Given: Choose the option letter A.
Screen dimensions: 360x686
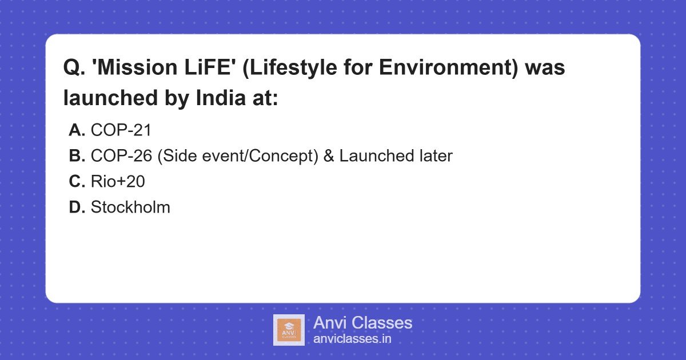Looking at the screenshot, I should coord(77,130).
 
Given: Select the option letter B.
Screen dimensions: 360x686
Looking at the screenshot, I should coord(77,156).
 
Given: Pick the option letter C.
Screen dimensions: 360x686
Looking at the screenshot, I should coord(77,182).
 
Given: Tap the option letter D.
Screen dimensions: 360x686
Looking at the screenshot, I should coord(77,207).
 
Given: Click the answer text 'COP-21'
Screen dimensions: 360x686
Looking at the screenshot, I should coord(121,130).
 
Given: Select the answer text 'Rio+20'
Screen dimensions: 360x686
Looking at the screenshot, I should coord(118,182).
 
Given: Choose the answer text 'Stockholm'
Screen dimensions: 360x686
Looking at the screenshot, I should coord(130,207).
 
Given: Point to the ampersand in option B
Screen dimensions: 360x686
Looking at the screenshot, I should coord(329,156).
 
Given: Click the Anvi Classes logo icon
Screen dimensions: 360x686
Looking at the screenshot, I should coord(289,330).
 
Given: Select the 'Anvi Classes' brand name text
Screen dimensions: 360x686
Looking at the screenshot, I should coord(362,323).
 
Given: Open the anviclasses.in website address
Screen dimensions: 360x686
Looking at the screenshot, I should coord(352,339).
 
